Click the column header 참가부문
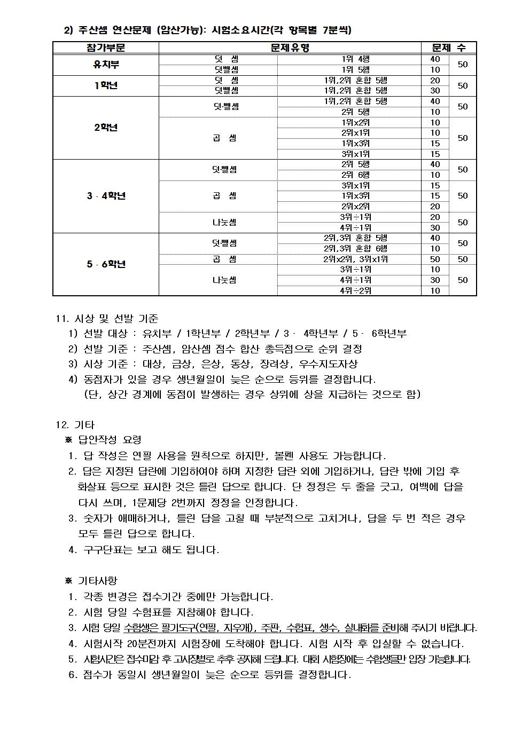click(x=106, y=48)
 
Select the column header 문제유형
click(x=290, y=48)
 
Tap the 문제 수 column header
click(x=449, y=48)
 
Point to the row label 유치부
click(x=106, y=65)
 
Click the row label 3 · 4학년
click(x=106, y=196)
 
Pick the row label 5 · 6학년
click(x=106, y=264)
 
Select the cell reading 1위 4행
click(x=355, y=59)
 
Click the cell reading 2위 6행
click(x=355, y=175)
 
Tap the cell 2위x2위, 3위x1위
click(x=355, y=259)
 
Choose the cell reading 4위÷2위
click(x=355, y=291)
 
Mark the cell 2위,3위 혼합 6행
click(x=355, y=249)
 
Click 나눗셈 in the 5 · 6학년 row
click(x=224, y=280)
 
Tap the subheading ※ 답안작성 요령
click(x=103, y=440)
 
